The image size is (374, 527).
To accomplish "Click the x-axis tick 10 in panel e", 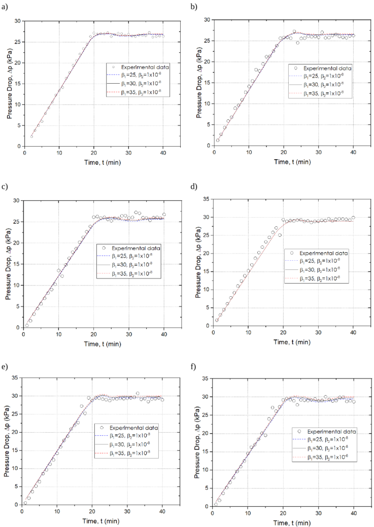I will (x=57, y=512).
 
